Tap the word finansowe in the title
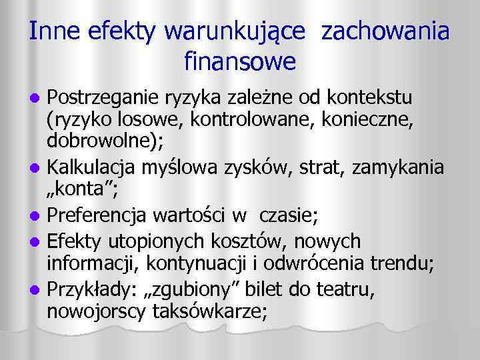click(239, 63)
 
